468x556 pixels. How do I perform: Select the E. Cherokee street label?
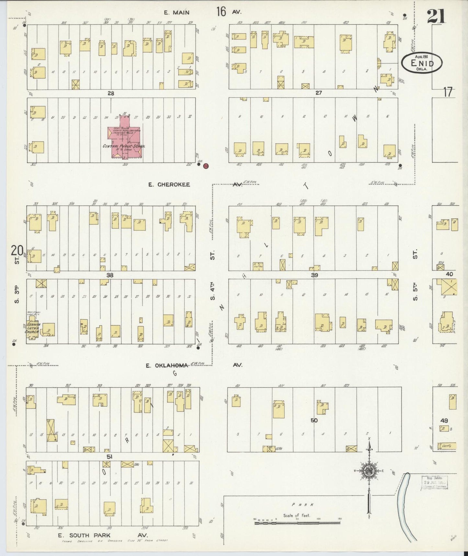(169, 185)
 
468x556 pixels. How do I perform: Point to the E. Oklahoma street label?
(167, 366)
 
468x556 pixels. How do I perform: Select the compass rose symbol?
(369, 471)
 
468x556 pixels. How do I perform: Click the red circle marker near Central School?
(205, 166)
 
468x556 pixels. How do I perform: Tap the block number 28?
(111, 93)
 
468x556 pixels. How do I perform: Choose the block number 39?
(314, 275)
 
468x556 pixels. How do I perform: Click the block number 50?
(314, 420)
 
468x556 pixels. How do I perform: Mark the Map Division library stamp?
(434, 482)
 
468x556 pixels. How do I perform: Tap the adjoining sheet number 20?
(17, 251)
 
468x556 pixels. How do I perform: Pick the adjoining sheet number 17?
(448, 92)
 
